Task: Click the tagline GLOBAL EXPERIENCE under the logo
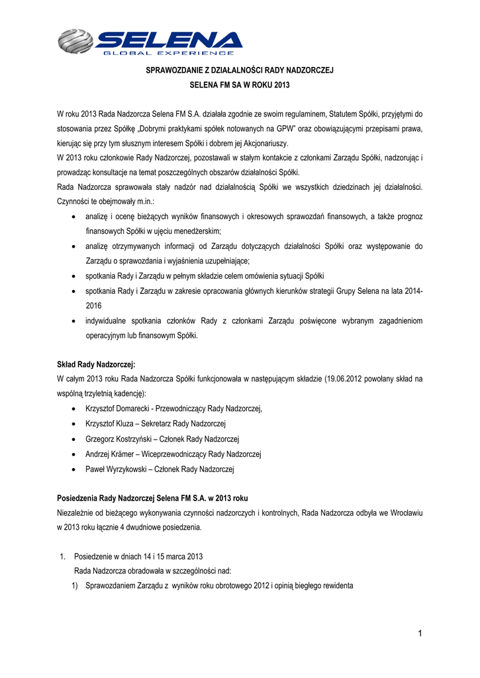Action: point(169,53)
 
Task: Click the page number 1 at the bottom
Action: point(419,634)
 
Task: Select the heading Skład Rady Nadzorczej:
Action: point(97,364)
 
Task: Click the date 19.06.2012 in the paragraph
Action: point(345,379)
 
